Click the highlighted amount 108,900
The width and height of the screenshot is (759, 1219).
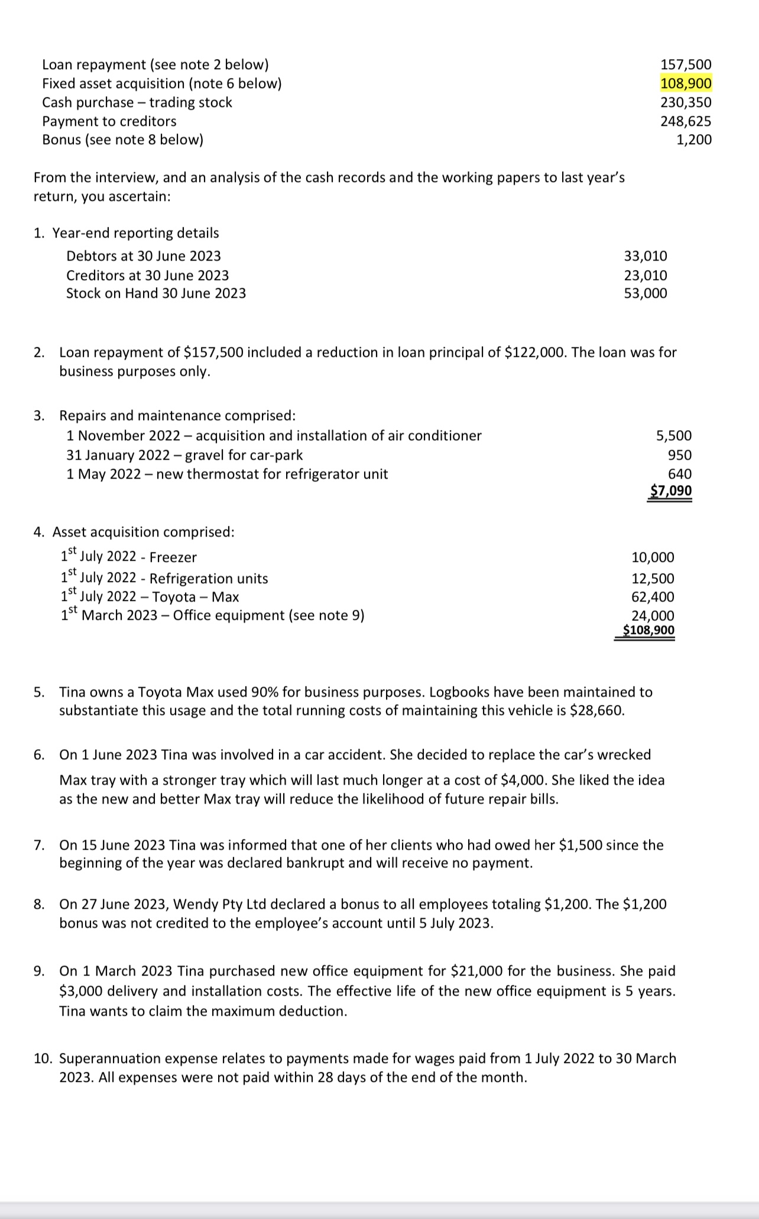pyautogui.click(x=686, y=83)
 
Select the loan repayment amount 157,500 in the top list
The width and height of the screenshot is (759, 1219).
pyautogui.click(x=686, y=64)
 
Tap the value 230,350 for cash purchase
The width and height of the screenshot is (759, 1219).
pyautogui.click(x=686, y=102)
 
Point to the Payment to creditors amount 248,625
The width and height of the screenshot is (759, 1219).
pyautogui.click(x=686, y=121)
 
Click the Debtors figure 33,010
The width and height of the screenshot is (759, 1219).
pyautogui.click(x=646, y=256)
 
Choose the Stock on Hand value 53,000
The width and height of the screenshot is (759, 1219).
pyautogui.click(x=646, y=293)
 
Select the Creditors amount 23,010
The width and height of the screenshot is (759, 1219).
pyautogui.click(x=646, y=275)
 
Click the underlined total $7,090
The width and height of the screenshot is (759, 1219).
pyautogui.click(x=670, y=491)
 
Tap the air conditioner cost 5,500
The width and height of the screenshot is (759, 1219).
pyautogui.click(x=673, y=435)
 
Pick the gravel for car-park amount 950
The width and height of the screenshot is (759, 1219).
pyautogui.click(x=679, y=455)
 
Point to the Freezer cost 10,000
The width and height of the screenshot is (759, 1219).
pyautogui.click(x=653, y=557)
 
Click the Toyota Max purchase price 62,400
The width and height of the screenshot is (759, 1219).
pyautogui.click(x=653, y=597)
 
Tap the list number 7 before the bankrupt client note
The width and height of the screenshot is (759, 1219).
pyautogui.click(x=38, y=845)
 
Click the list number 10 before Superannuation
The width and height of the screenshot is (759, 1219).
pyautogui.click(x=42, y=1058)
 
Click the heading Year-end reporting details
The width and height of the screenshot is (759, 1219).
pyautogui.click(x=135, y=233)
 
